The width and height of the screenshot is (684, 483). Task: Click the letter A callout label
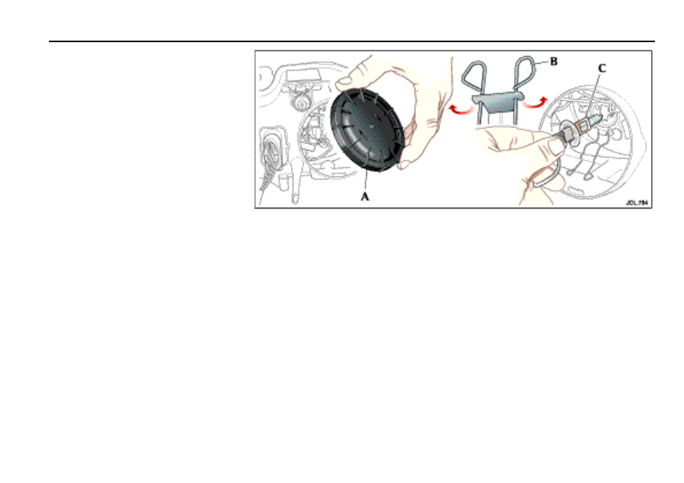click(365, 197)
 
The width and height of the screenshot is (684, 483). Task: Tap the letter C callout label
click(602, 68)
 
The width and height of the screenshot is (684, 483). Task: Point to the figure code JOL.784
click(636, 203)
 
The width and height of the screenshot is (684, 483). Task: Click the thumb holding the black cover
click(359, 75)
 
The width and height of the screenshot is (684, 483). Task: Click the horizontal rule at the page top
click(352, 41)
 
